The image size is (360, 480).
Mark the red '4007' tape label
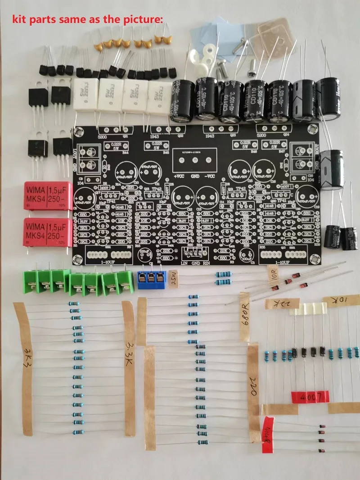pyautogui.click(x=310, y=397)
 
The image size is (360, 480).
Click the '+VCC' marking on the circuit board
pyautogui.click(x=178, y=177)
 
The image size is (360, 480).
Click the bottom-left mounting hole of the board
pyautogui.click(x=78, y=258)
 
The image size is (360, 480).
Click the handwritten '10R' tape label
pyautogui.click(x=274, y=273)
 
